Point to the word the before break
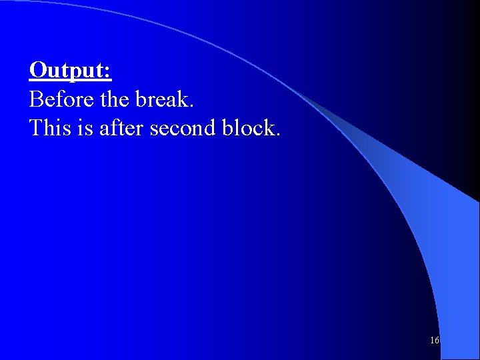[x=115, y=99]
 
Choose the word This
[x=49, y=127]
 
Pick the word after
[x=121, y=127]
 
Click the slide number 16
[x=434, y=341]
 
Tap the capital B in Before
[x=36, y=99]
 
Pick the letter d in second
[x=211, y=127]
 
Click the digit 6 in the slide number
[x=436, y=341]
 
